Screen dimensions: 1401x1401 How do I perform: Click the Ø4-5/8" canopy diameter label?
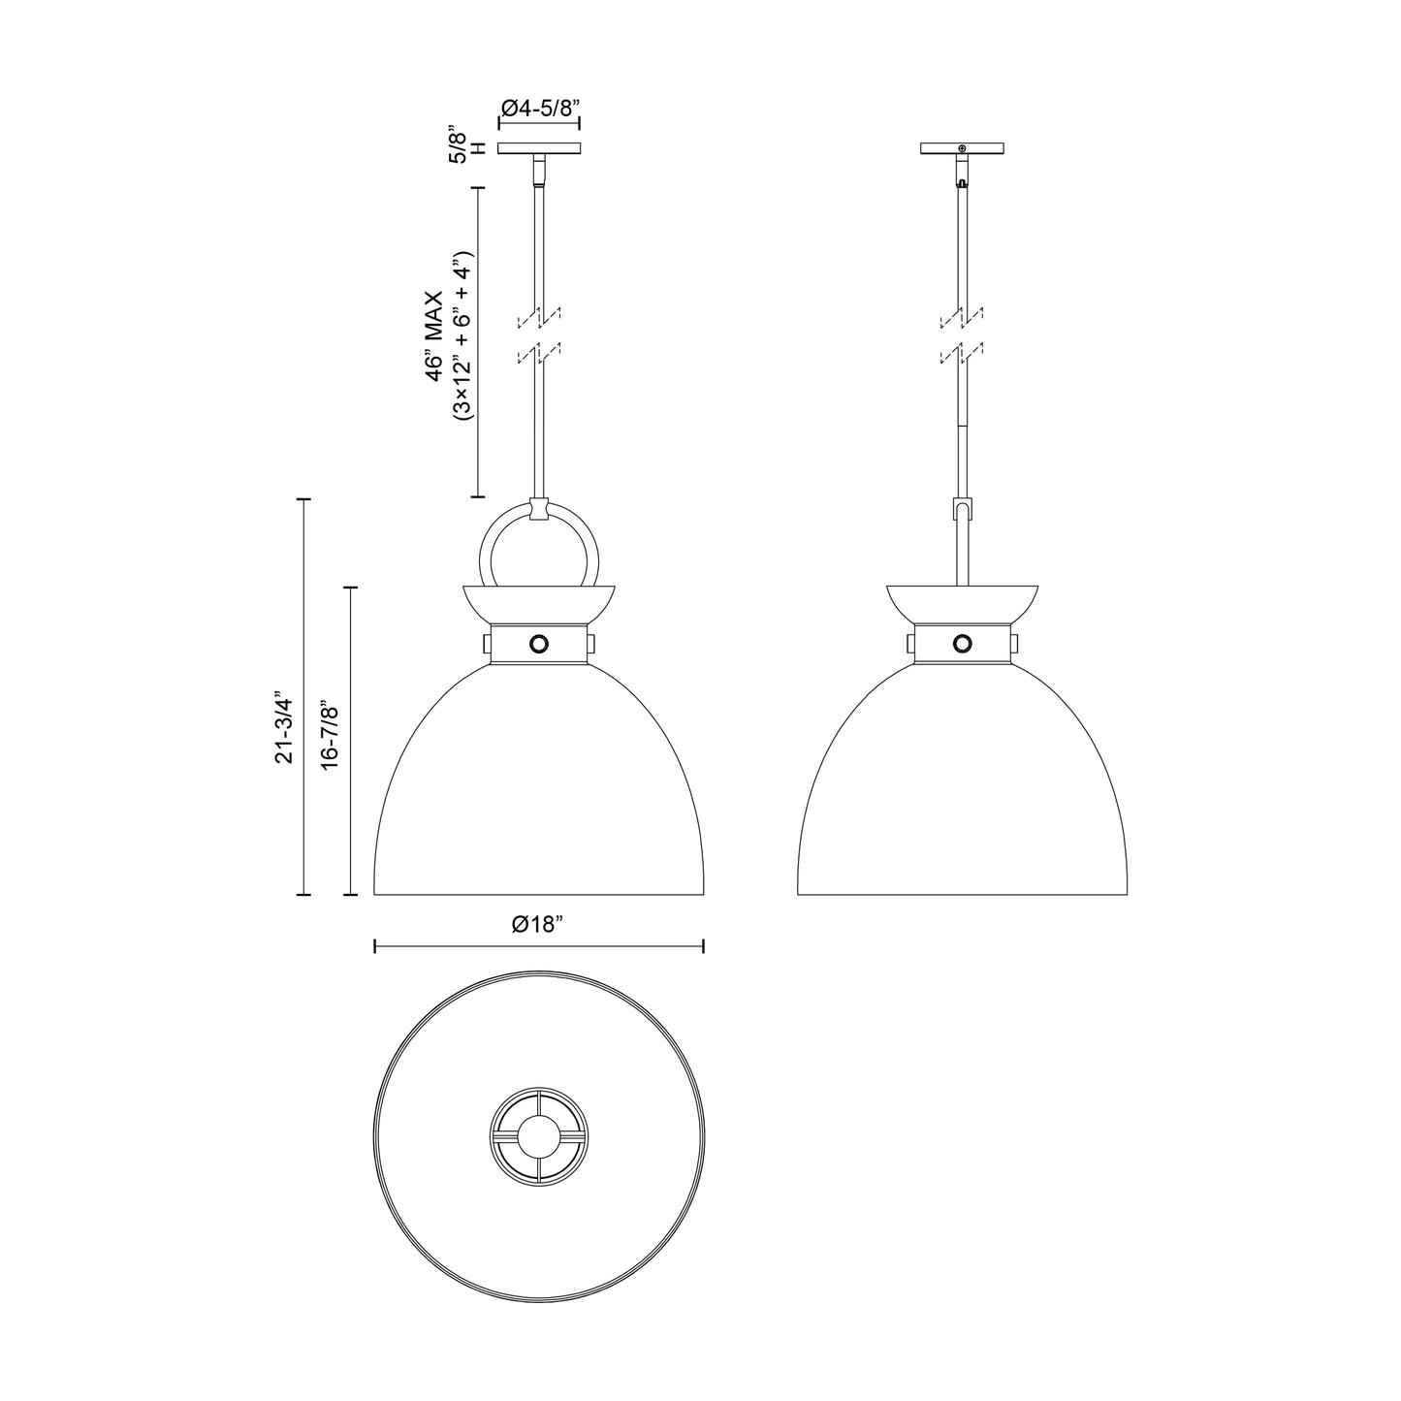[539, 109]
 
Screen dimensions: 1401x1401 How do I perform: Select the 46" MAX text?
[434, 335]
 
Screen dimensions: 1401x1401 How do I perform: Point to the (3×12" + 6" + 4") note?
[462, 335]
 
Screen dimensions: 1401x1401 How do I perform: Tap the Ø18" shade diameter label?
[538, 925]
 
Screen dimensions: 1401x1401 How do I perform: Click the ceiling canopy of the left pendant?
[539, 148]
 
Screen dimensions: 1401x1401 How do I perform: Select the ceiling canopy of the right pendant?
[962, 148]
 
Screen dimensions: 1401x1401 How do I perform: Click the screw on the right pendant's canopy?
[962, 148]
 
